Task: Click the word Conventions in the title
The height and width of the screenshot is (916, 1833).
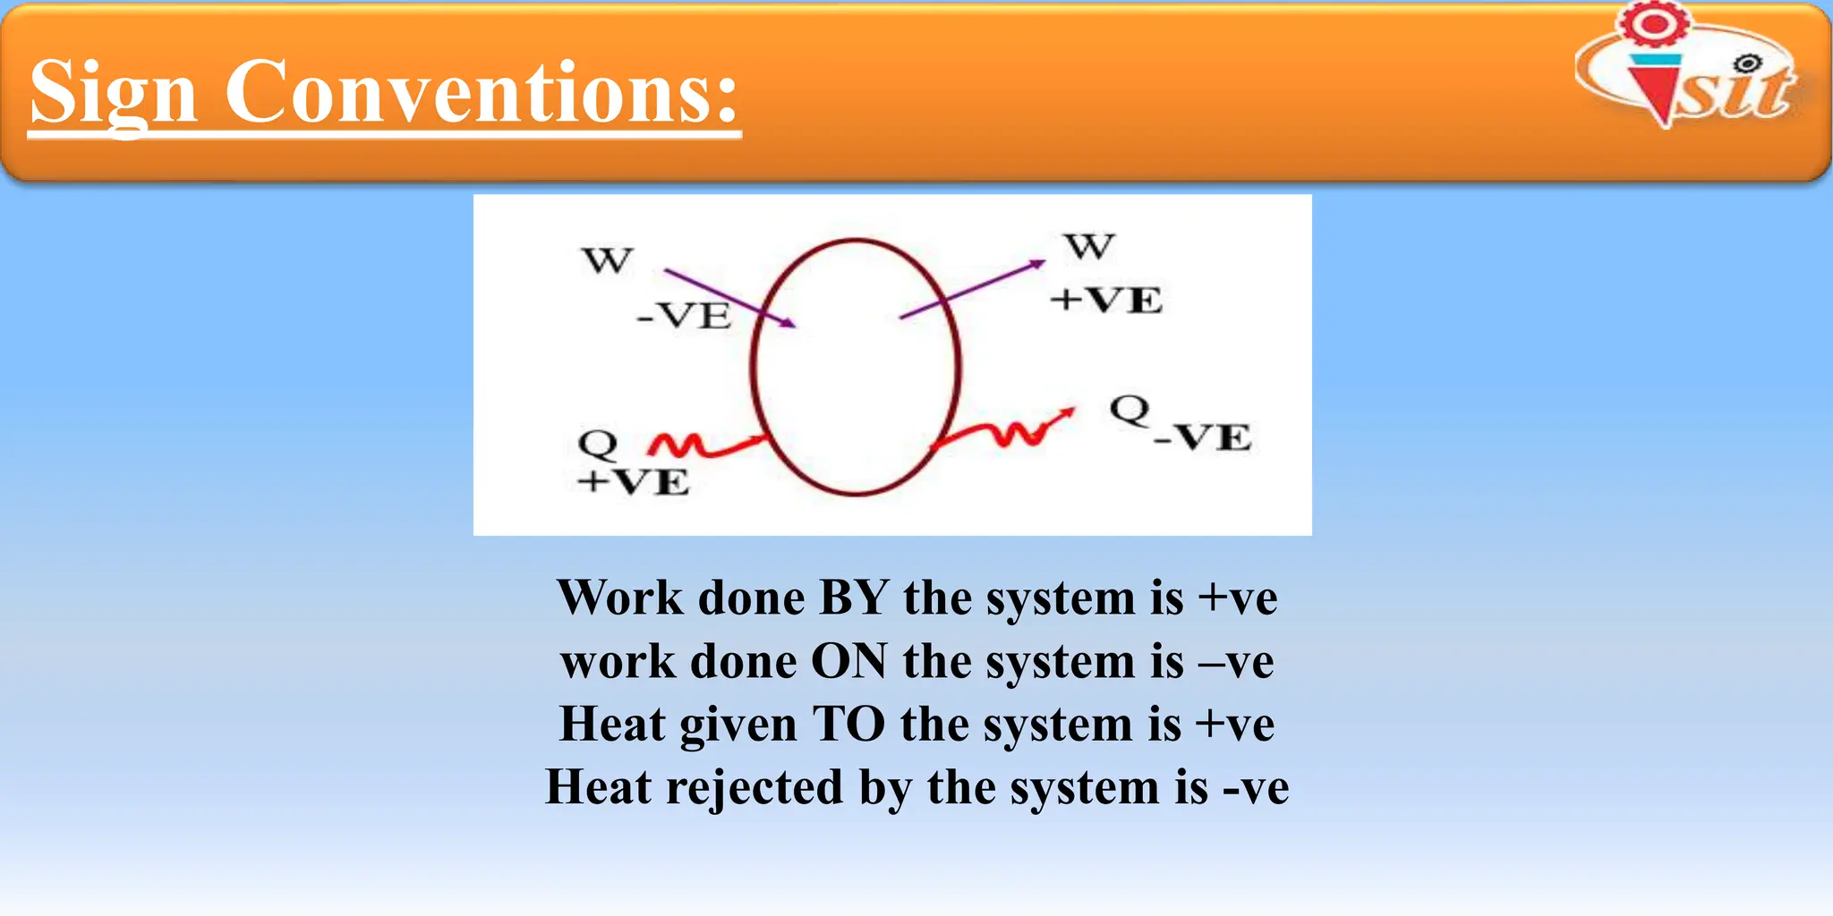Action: pos(482,92)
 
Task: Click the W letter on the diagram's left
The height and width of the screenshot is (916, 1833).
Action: pos(607,260)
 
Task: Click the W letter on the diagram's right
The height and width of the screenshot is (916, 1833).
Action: pos(1089,246)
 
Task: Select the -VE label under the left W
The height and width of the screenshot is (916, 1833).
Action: pos(684,316)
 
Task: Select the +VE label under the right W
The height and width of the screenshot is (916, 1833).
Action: pos(1106,300)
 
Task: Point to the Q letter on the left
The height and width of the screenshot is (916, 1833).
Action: pos(598,443)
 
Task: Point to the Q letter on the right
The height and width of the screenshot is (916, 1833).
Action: pos(1130,410)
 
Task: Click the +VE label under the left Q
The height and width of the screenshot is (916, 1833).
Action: pos(634,482)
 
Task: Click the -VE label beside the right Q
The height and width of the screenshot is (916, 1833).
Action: pos(1203,437)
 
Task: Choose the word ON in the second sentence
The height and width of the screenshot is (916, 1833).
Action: pos(849,662)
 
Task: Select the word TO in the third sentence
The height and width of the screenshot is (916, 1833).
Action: pos(848,725)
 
